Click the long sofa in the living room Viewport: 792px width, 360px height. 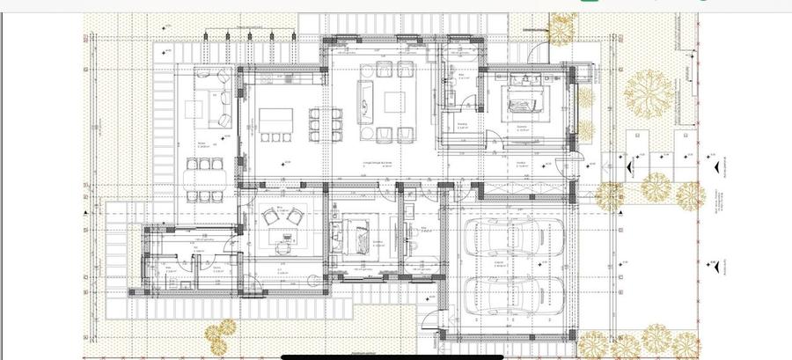[364, 99]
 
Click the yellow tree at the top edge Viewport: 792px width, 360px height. [560, 28]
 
